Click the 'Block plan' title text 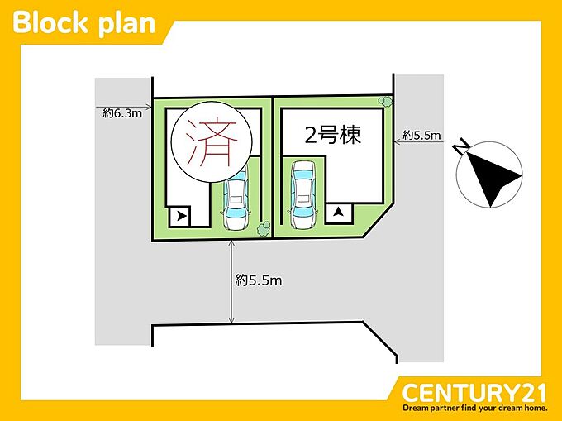83,23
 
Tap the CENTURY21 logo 474,394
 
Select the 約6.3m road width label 122,113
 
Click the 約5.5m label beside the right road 421,135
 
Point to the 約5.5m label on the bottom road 259,280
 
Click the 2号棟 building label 332,135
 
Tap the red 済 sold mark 212,142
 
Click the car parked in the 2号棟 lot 303,194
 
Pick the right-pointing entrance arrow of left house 182,216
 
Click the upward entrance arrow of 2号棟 338,213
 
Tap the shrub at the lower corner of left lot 264,229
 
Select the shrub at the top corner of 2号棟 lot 386,102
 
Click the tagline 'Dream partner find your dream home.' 475,408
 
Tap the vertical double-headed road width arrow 231,282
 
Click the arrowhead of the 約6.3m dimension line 149,107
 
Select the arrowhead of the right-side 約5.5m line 398,142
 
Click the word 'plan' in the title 126,25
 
